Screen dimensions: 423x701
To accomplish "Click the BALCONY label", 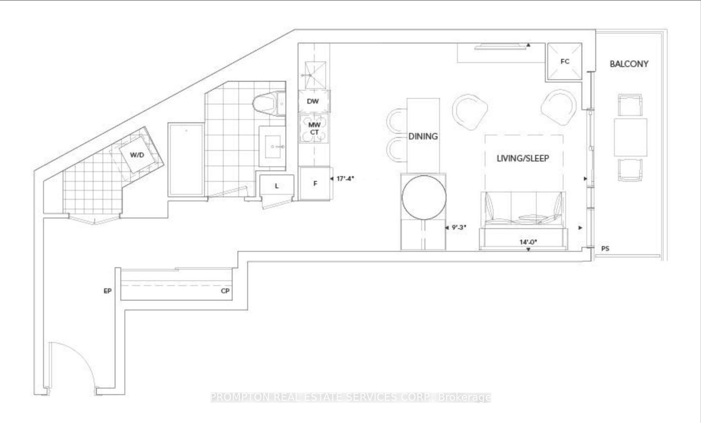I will pyautogui.click(x=629, y=64).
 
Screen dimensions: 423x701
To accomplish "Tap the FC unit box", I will pyautogui.click(x=564, y=61).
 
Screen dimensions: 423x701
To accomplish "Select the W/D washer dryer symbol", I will pyautogui.click(x=137, y=155).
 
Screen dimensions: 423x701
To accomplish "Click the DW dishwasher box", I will pyautogui.click(x=313, y=101).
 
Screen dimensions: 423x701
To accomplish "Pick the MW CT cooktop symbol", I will pyautogui.click(x=314, y=128).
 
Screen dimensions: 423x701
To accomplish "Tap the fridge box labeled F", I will pyautogui.click(x=315, y=183).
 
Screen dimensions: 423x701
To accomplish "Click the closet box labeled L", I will pyautogui.click(x=277, y=186).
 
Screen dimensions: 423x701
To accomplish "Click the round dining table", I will pyautogui.click(x=424, y=198).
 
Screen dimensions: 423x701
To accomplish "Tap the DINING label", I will pyautogui.click(x=423, y=136).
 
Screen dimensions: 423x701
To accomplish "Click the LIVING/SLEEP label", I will pyautogui.click(x=523, y=158).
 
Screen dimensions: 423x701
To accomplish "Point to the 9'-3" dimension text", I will pyautogui.click(x=459, y=228).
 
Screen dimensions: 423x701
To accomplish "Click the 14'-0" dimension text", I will pyautogui.click(x=528, y=242).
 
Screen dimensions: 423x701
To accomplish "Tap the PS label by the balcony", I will pyautogui.click(x=605, y=248).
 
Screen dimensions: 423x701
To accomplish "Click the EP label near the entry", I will pyautogui.click(x=108, y=291).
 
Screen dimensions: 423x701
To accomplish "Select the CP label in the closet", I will pyautogui.click(x=225, y=291).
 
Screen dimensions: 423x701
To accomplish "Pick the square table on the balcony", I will pyautogui.click(x=630, y=137).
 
